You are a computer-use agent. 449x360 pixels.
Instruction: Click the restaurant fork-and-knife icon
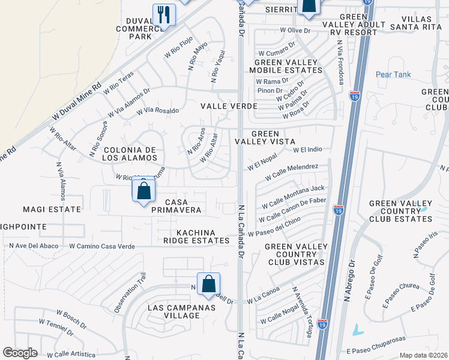pos(163,14)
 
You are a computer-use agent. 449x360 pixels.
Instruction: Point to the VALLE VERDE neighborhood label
pos(228,106)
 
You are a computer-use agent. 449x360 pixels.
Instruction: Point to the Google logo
pos(20,353)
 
